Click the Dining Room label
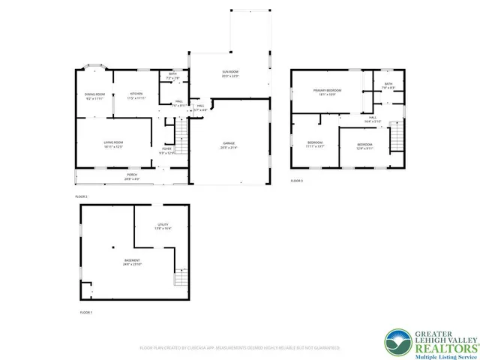click(x=94, y=96)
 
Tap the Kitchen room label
click(x=136, y=95)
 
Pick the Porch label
click(x=131, y=178)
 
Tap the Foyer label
click(x=166, y=151)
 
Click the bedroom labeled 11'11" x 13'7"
click(x=315, y=144)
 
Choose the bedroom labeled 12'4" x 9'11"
click(x=364, y=145)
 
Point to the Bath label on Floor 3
click(x=388, y=85)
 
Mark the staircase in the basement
click(x=180, y=277)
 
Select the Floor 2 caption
click(x=81, y=196)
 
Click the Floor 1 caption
click(x=86, y=311)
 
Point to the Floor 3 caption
click(x=297, y=181)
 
